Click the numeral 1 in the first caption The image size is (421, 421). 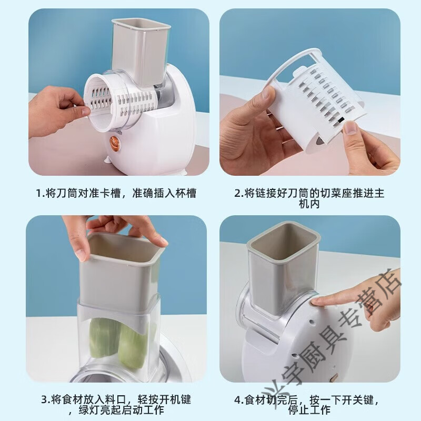click(x=38, y=193)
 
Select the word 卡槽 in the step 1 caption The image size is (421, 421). click(x=104, y=193)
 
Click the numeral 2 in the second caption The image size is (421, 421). click(x=237, y=193)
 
